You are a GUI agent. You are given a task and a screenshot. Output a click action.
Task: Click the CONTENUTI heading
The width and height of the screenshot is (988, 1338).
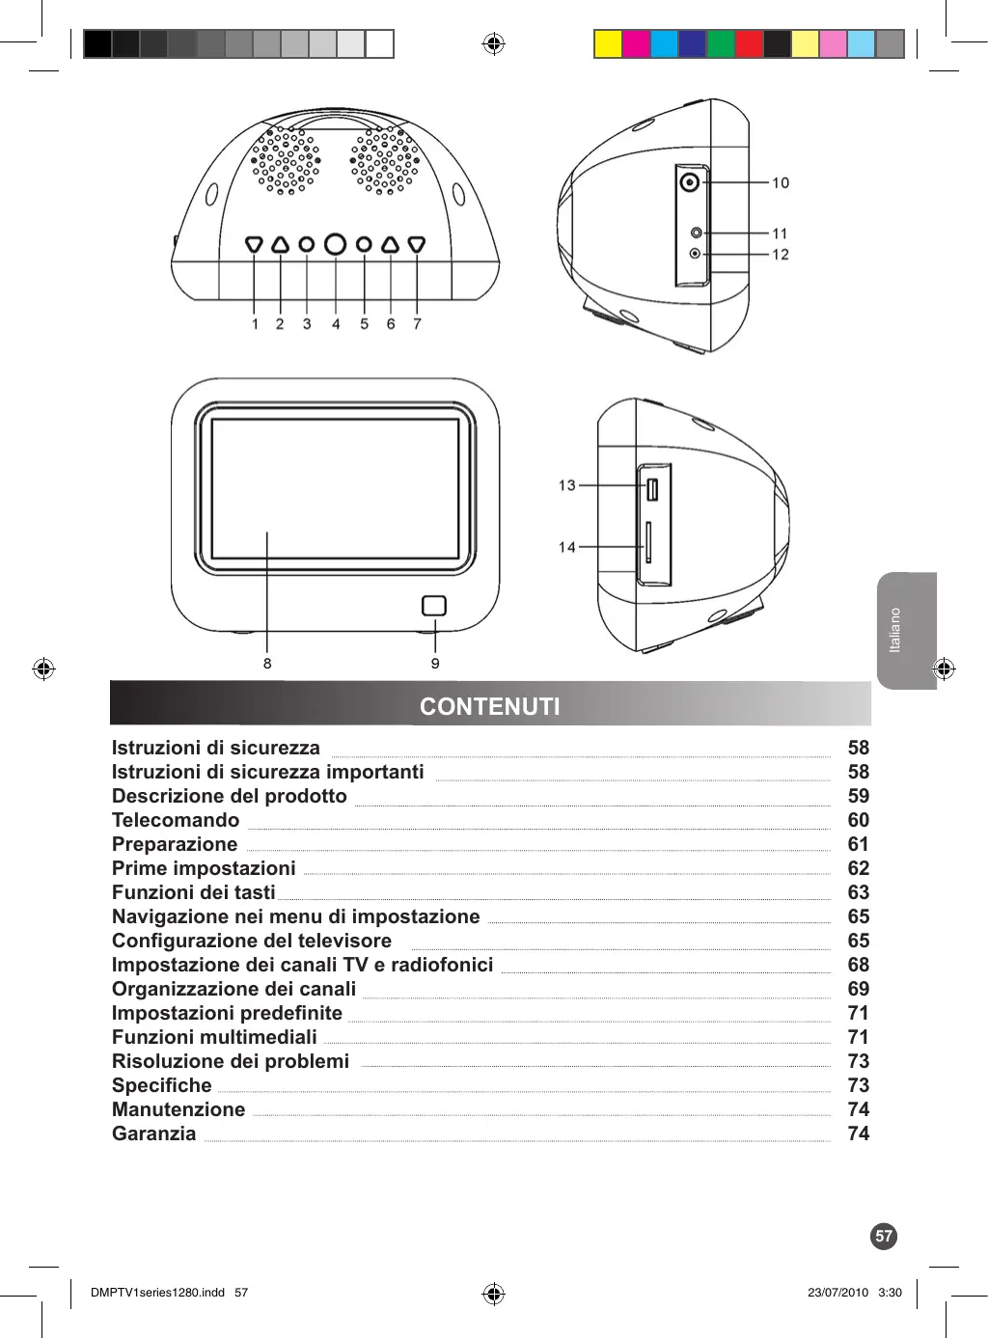coord(489,706)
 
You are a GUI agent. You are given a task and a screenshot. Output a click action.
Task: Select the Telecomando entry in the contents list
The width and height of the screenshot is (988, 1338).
coord(176,820)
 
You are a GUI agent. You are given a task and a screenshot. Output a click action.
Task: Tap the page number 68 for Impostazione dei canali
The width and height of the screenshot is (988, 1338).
coord(858,965)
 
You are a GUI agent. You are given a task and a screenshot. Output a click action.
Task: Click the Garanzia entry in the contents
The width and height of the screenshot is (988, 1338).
coord(154,1133)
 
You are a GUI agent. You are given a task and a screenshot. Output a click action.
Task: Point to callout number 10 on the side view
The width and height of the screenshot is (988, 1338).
coord(781,182)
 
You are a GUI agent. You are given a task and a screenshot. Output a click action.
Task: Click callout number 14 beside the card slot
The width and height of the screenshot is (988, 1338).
coord(566,547)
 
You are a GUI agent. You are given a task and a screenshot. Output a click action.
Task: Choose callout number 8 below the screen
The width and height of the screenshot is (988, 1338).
coord(267,664)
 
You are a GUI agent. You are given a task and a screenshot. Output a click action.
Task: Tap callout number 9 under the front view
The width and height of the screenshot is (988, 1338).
coord(435,664)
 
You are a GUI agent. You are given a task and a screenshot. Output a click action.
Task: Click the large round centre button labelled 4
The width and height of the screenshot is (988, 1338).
coord(335,244)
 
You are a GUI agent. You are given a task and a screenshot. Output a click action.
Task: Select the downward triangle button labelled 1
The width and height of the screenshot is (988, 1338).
coord(254,245)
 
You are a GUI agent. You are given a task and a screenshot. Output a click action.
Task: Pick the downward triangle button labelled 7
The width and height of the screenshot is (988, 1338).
coord(417,245)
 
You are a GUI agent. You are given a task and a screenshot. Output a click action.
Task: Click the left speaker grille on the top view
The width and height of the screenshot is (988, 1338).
coord(286,161)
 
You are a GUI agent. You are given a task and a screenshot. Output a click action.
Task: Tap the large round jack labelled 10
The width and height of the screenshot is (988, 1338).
coord(690,181)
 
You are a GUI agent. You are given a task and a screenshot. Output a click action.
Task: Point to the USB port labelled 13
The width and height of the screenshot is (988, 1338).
coord(652,489)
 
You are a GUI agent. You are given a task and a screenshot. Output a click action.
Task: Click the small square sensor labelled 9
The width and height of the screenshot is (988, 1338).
coord(434,605)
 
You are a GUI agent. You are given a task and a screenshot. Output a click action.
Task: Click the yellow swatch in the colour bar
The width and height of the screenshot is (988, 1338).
coord(608,44)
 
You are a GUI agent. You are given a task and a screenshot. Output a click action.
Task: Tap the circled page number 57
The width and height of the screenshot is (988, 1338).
coord(883,1236)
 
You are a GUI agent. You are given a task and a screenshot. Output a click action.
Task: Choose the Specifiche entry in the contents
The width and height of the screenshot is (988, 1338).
coord(162,1085)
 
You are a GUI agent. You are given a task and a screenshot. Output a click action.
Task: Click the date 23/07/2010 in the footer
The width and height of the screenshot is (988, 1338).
coord(837,1293)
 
